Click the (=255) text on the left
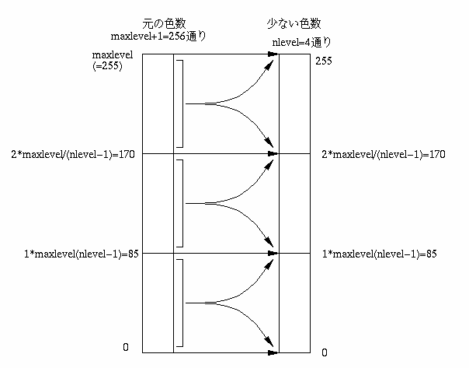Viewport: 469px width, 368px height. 107,67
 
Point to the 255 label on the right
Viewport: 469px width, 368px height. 325,61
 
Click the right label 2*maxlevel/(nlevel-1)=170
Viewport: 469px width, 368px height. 383,154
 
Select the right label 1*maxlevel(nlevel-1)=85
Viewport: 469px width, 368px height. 380,254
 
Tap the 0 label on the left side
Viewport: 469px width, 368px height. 125,347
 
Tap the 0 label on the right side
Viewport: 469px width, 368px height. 324,352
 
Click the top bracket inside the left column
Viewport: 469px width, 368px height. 182,103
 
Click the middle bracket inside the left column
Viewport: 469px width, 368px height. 182,203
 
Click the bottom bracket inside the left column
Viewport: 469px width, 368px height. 182,303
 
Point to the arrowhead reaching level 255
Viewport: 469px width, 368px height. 273,54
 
